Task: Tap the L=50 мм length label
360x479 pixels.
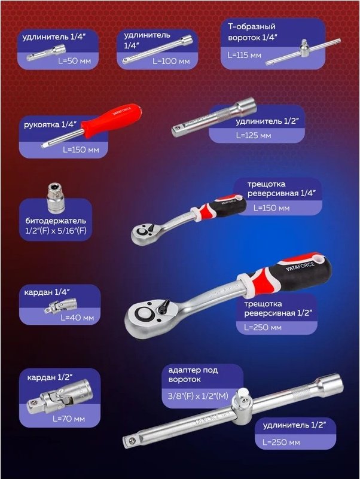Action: (75, 61)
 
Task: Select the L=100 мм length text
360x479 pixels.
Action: (171, 61)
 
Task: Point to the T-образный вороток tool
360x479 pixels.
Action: (303, 52)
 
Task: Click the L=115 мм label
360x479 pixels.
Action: (245, 55)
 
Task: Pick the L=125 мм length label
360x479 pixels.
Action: (254, 135)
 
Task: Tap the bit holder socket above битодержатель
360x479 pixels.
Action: (56, 199)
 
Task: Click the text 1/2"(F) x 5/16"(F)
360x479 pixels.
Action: (56, 231)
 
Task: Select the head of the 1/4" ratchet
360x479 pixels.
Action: (144, 233)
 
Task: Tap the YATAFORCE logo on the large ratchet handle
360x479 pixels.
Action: (300, 266)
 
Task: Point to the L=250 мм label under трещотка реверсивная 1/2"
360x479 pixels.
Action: (263, 328)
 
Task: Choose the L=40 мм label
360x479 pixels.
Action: (77, 318)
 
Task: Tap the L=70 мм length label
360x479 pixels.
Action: (69, 419)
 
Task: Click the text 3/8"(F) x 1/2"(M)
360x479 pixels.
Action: (198, 396)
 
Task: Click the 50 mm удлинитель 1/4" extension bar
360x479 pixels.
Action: (46, 53)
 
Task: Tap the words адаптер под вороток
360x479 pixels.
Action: (193, 375)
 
